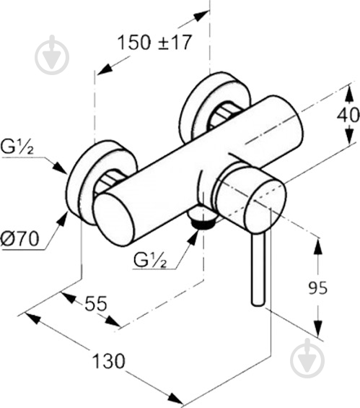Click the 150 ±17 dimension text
154,43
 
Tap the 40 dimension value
348,115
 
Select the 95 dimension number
317,288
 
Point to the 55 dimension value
96,303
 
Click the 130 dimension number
109,361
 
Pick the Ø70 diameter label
19,238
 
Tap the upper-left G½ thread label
17,147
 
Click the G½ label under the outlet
150,260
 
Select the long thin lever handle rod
258,268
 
